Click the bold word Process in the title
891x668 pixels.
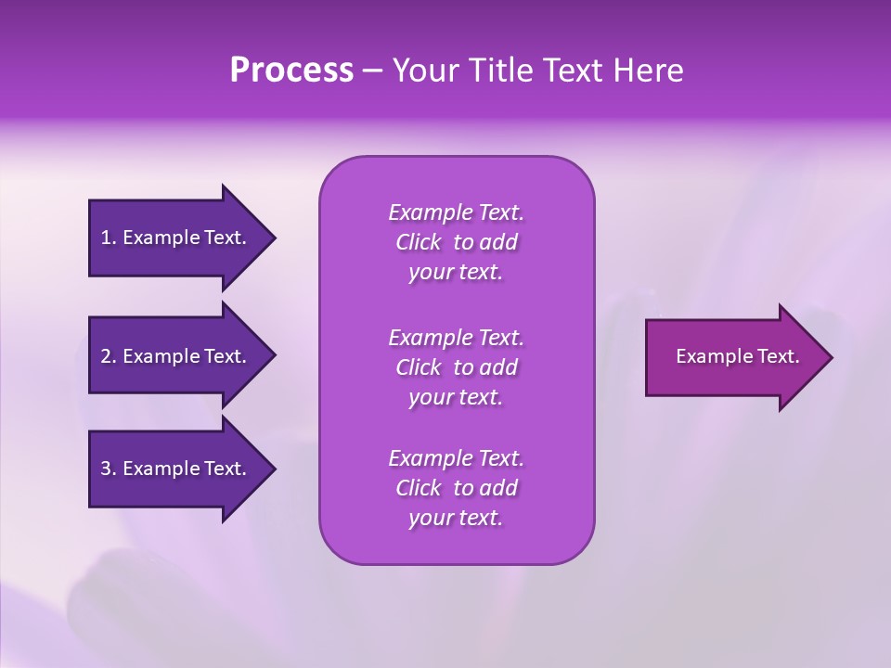[x=291, y=71]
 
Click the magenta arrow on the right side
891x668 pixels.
[x=733, y=356]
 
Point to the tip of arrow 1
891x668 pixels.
[x=274, y=238]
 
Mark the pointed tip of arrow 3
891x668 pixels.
[x=274, y=469]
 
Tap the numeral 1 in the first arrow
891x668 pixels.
[x=106, y=238]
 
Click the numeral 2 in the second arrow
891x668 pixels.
[x=106, y=356]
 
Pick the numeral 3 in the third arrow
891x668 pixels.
[x=106, y=469]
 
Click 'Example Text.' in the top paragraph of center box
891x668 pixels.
[x=456, y=212]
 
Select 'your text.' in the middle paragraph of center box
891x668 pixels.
[x=456, y=397]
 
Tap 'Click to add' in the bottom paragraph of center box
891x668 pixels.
[x=456, y=488]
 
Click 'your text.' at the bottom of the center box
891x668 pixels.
[x=456, y=518]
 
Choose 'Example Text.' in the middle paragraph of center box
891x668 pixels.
[x=456, y=337]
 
